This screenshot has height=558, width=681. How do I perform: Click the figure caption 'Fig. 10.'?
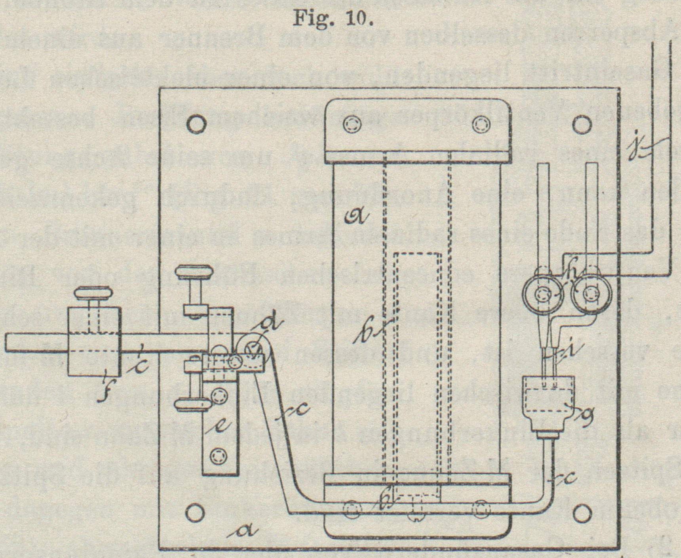tap(333, 19)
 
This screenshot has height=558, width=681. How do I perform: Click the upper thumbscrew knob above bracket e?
tap(195, 272)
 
